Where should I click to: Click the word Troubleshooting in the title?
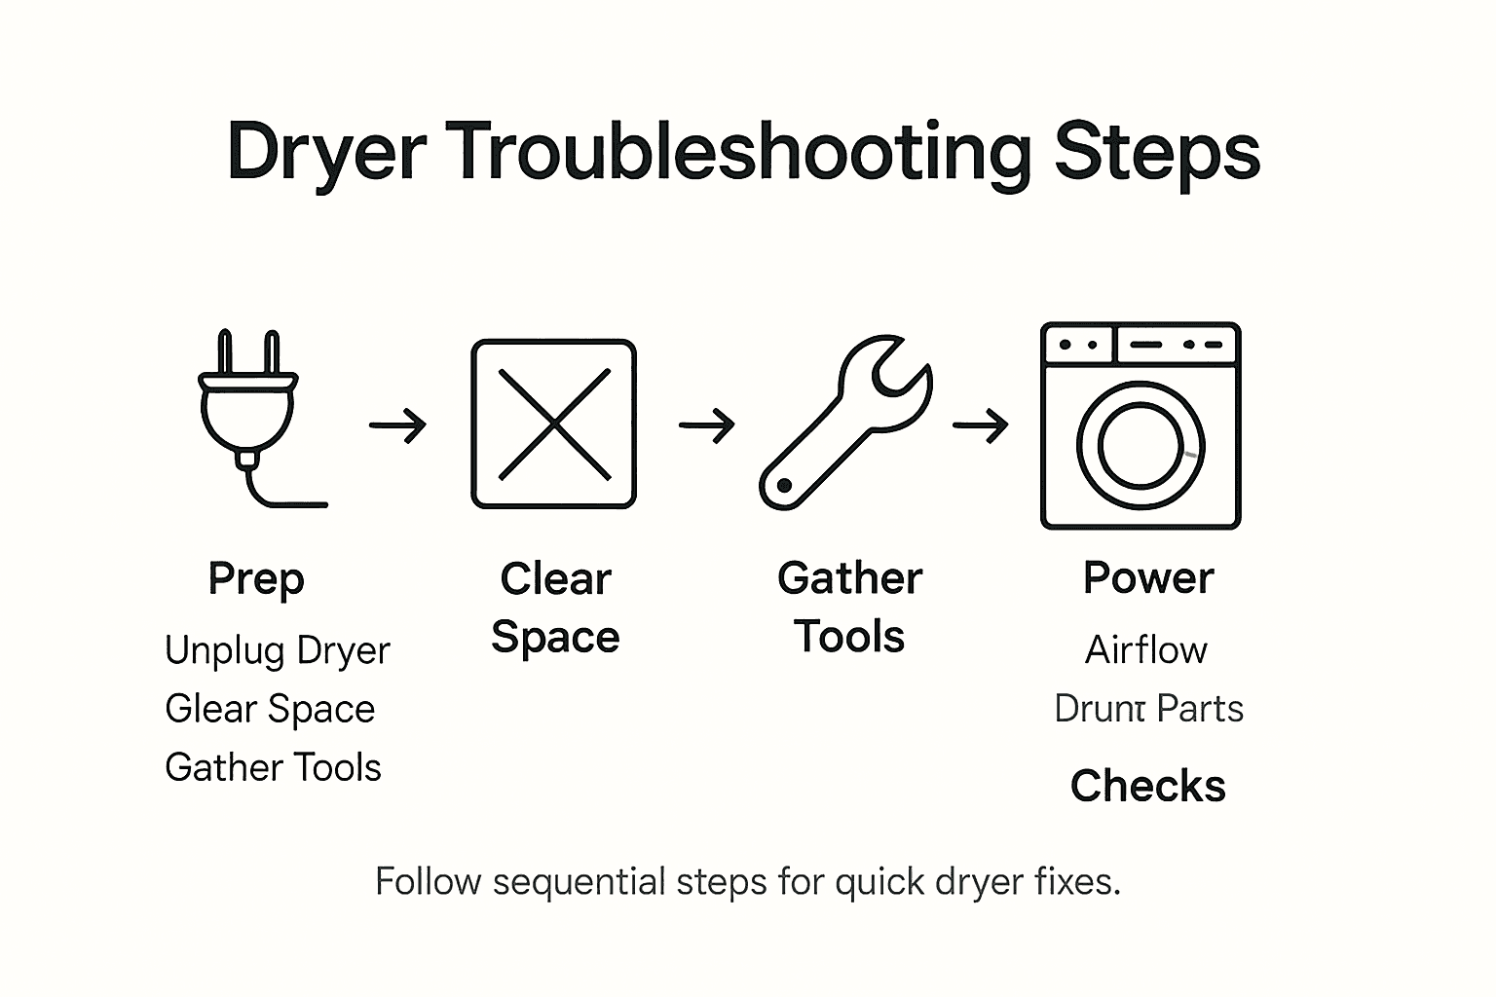[741, 154]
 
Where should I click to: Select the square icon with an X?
[553, 424]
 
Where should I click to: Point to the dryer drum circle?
[1141, 446]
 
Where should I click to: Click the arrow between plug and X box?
[397, 425]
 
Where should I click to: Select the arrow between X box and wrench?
[706, 425]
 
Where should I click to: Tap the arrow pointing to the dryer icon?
[980, 425]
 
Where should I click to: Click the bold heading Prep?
[256, 579]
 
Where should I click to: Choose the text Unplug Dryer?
[278, 650]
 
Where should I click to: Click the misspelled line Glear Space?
[270, 709]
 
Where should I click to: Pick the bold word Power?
[1147, 578]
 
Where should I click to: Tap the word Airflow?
[1146, 650]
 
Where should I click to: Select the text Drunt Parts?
[1148, 709]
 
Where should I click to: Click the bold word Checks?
[1147, 786]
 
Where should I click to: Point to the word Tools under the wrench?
[849, 638]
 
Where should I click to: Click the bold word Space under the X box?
[555, 638]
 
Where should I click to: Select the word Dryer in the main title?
[326, 154]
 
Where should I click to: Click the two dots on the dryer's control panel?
[1078, 345]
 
